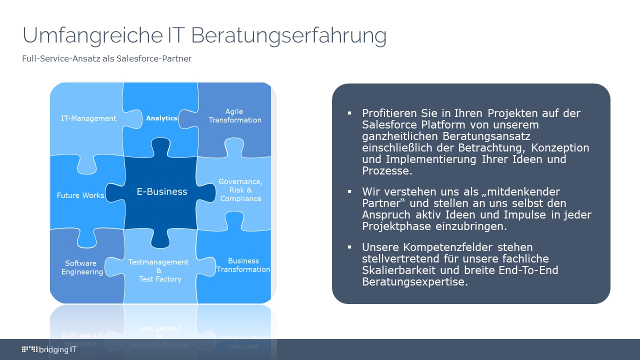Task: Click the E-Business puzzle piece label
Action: click(162, 191)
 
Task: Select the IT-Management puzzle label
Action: click(88, 118)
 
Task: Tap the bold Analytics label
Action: click(161, 118)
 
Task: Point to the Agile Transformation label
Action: click(235, 115)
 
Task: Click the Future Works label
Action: click(80, 195)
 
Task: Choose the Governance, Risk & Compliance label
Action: click(240, 190)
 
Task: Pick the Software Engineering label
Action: click(82, 267)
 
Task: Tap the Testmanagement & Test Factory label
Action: click(158, 270)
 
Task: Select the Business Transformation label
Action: click(243, 265)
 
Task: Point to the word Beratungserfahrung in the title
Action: click(289, 36)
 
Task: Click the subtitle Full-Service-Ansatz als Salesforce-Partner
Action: click(106, 58)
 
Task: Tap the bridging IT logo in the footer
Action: click(49, 349)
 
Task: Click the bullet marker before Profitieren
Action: click(350, 113)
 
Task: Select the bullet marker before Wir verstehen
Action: click(350, 191)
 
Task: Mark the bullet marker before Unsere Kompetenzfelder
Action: click(350, 247)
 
